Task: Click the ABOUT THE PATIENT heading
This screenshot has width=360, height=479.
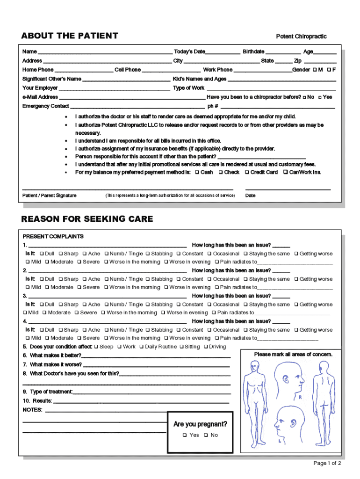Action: pyautogui.click(x=70, y=36)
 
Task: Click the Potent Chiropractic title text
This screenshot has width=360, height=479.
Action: pyautogui.click(x=301, y=36)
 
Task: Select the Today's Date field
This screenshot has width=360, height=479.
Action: pyautogui.click(x=222, y=52)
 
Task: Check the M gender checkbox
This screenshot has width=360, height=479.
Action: pyautogui.click(x=315, y=70)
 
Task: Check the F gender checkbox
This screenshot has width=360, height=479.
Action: pyautogui.click(x=329, y=70)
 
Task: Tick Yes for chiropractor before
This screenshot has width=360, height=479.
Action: pyautogui.click(x=320, y=97)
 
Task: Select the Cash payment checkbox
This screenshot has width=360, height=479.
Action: pyautogui.click(x=197, y=173)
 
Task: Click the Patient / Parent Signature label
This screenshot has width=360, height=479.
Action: pyautogui.click(x=50, y=196)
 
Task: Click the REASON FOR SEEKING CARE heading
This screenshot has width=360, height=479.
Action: pyautogui.click(x=87, y=219)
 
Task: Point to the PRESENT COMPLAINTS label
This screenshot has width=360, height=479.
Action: pyautogui.click(x=53, y=237)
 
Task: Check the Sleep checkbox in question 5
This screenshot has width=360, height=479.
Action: pyautogui.click(x=96, y=347)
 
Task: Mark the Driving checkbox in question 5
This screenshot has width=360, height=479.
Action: pyautogui.click(x=206, y=347)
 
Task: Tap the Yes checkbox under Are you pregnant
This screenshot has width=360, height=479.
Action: pyautogui.click(x=185, y=435)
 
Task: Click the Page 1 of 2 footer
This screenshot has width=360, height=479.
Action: pyautogui.click(x=327, y=464)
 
